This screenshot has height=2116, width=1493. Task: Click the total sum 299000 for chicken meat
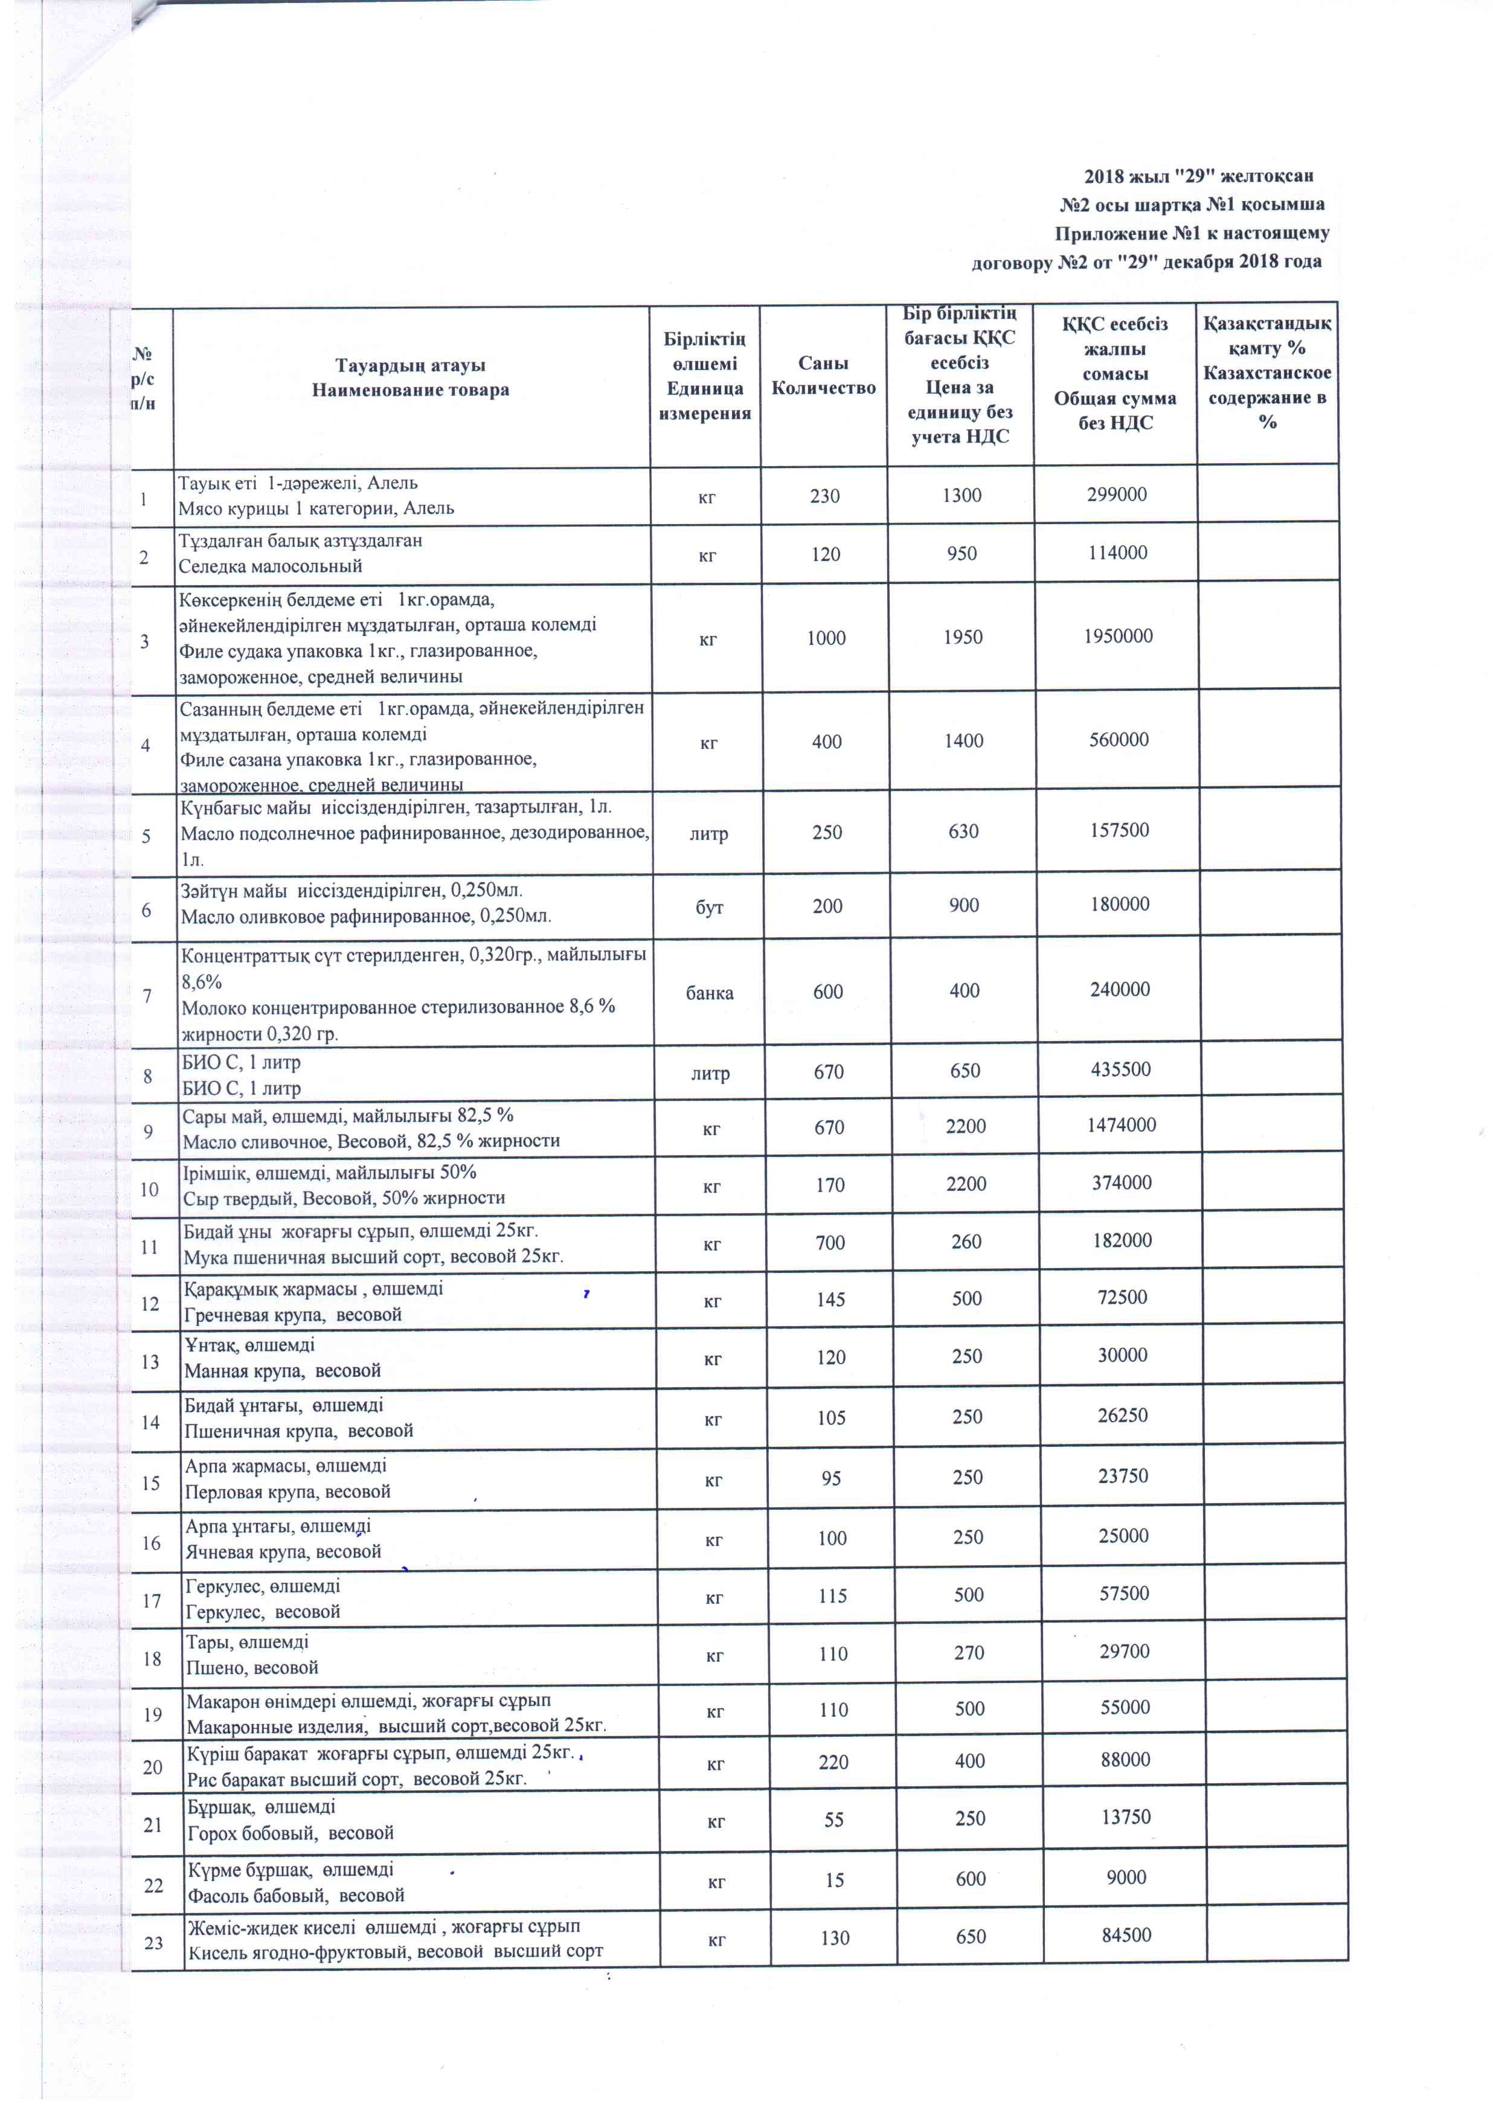tap(1116, 495)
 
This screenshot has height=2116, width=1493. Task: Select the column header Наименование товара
tap(410, 390)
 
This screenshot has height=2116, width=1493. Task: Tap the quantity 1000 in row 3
tap(826, 638)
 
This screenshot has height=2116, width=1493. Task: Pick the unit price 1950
tap(962, 637)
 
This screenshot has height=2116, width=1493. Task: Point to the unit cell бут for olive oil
tap(708, 907)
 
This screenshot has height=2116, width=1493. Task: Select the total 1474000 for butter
tap(1121, 1124)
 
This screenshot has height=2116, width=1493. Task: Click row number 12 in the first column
tap(149, 1303)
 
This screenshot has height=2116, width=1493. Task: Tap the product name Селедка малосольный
tap(270, 566)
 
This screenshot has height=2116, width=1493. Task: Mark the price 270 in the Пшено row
tap(969, 1652)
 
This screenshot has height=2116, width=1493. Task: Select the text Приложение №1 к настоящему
tap(1192, 233)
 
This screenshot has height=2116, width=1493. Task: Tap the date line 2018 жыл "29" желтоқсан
tap(1198, 175)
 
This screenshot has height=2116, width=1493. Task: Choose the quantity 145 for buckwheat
tap(830, 1300)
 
